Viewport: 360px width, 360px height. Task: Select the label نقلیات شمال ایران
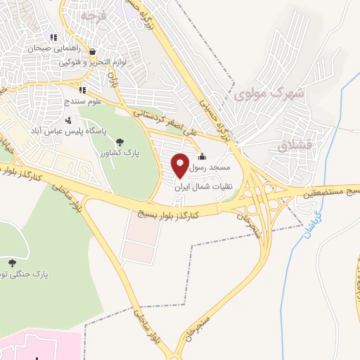pyautogui.click(x=208, y=188)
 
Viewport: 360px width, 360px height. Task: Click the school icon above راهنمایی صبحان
pyautogui.click(x=53, y=37)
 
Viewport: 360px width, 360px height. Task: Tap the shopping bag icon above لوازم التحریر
pyautogui.click(x=93, y=51)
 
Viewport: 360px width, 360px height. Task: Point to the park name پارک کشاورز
pyautogui.click(x=111, y=152)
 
